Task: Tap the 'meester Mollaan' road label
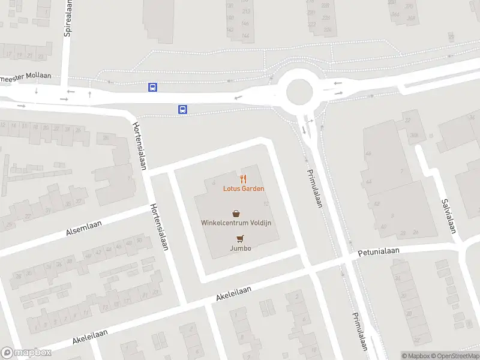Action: click(x=26, y=77)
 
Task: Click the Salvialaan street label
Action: click(x=448, y=217)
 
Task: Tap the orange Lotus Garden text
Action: click(x=244, y=188)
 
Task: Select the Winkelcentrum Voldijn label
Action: click(x=236, y=223)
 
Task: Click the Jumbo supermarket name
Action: click(x=240, y=248)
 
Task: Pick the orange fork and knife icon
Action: click(x=244, y=178)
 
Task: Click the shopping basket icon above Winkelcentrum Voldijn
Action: click(x=236, y=213)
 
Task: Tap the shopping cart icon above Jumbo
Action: click(x=240, y=238)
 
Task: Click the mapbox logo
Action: click(x=26, y=353)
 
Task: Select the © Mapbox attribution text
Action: click(x=416, y=356)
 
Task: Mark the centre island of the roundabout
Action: click(x=299, y=92)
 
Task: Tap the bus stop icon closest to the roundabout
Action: click(x=182, y=109)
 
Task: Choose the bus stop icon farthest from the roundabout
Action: click(x=153, y=87)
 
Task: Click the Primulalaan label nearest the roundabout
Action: click(x=315, y=187)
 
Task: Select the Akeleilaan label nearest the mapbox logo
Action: click(x=90, y=337)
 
